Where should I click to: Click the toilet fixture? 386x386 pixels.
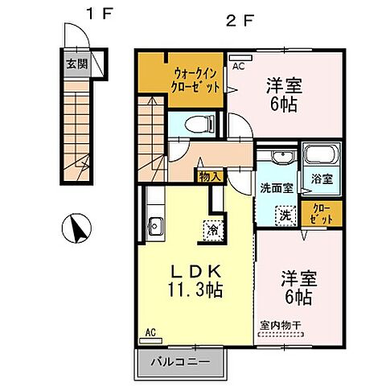[197, 124]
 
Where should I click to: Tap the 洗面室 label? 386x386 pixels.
[276, 188]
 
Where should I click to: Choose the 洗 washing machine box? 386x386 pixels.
[285, 215]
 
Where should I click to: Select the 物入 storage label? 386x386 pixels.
[208, 174]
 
